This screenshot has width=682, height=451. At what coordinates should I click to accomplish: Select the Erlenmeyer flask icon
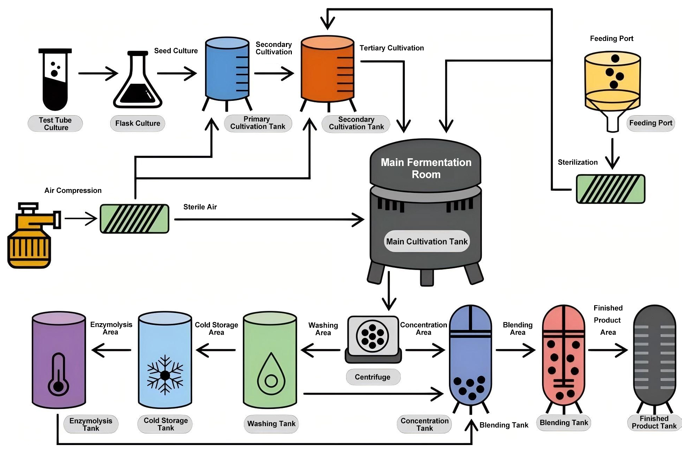point(138,82)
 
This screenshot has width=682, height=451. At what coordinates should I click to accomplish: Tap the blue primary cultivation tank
point(227,70)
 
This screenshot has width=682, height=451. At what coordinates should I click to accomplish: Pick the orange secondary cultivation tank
point(327,70)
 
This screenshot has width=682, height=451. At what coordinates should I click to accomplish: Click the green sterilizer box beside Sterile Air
point(134,219)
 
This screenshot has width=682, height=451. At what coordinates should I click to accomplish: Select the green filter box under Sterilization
point(610,189)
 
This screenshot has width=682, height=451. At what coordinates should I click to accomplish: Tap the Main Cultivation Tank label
point(427,241)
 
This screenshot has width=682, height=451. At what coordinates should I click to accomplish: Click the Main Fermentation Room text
point(426,168)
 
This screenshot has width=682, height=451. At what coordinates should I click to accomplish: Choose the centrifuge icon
point(373,338)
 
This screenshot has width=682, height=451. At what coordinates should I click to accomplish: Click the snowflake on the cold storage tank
point(165,375)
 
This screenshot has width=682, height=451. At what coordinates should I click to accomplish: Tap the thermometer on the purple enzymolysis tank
point(58,375)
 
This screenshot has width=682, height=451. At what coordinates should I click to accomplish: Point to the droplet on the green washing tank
point(271,375)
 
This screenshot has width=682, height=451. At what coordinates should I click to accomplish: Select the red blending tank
point(563,357)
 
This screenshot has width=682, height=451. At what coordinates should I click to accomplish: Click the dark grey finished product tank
point(654,357)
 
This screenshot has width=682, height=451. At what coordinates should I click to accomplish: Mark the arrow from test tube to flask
point(98,74)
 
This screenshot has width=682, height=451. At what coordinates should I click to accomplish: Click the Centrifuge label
point(373,377)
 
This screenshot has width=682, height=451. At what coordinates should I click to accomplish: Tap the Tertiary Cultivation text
point(392,48)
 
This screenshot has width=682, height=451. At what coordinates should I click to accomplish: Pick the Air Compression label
point(73,190)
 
